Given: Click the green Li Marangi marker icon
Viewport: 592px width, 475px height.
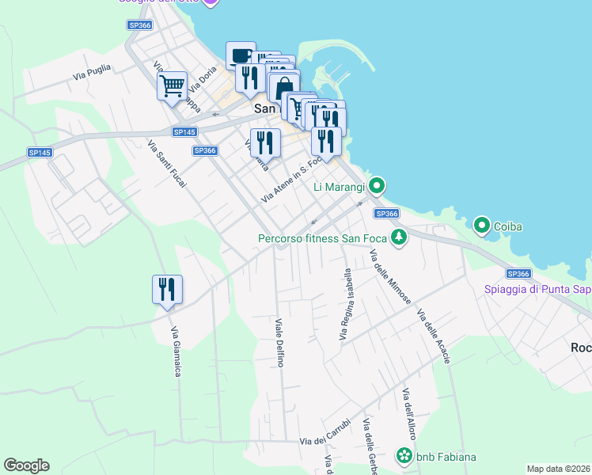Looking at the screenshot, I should pos(377,186).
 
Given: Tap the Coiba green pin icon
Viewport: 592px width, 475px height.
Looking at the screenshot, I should pos(481,226).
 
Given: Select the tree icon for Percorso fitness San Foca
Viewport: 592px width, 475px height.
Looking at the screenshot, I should pos(400,237).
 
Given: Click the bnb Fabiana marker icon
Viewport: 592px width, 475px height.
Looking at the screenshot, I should pos(404,456).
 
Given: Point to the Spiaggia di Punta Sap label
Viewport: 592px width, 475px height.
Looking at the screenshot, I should pos(537,290).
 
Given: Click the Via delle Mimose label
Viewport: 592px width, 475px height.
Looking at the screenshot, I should pos(390,277).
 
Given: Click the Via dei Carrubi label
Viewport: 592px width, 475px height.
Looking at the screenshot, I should pos(324,440).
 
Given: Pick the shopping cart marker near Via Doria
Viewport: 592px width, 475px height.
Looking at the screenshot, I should pos(172,85).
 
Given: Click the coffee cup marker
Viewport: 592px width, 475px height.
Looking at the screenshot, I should pos(241,55).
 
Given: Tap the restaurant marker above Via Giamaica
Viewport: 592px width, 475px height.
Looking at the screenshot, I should pos(167,289).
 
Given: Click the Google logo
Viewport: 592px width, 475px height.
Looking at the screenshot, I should pos(26,465).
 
